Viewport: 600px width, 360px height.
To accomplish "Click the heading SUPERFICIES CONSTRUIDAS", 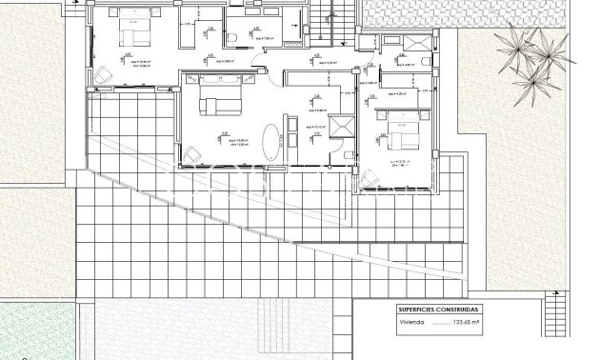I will coord(440,310).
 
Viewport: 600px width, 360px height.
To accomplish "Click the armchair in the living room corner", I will coord(193,152).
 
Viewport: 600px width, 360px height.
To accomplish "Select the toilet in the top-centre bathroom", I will coord(231,38).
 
